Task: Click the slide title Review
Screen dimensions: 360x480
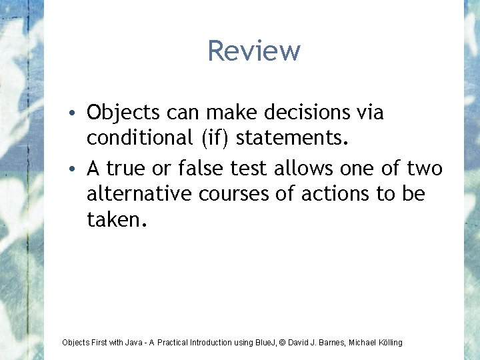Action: (253, 51)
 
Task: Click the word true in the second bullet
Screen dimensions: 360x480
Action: (129, 169)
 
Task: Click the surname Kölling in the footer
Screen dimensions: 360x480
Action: (389, 343)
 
